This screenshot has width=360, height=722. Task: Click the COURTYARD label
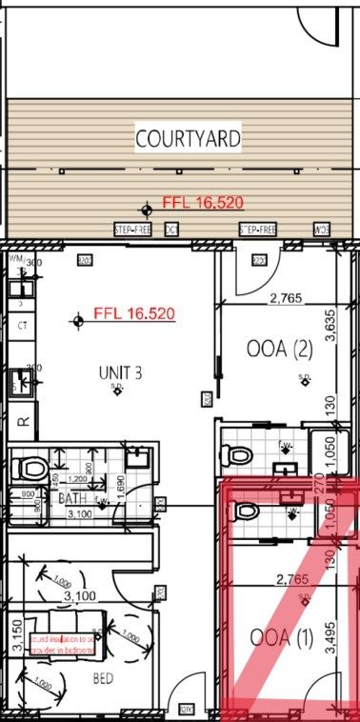point(188,139)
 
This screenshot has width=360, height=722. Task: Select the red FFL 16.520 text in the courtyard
point(204,203)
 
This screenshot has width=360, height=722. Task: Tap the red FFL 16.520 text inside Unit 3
point(134,313)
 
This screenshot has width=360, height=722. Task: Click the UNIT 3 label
point(119,372)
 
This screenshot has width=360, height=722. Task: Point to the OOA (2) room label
point(279,350)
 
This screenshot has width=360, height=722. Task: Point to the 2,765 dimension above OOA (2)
point(285,298)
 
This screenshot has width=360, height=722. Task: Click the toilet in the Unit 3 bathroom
point(34,468)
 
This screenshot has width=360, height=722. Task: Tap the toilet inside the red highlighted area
point(246,511)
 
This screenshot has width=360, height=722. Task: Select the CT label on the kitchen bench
point(23,325)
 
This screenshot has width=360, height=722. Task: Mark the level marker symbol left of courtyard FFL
point(146,209)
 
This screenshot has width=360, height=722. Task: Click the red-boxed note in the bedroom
point(63,644)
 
